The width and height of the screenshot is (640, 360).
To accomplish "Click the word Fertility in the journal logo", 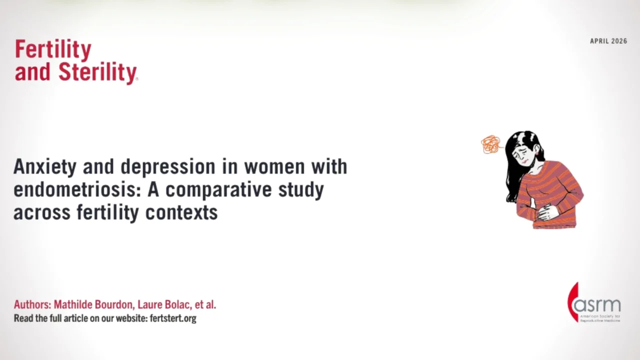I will tap(53, 49).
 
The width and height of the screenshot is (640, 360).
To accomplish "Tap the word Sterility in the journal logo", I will tap(97, 72).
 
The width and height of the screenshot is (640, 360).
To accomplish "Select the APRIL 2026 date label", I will tap(608, 41).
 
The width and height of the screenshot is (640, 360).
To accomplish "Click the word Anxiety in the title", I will tap(44, 167).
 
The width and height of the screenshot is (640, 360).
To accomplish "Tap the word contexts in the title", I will tap(181, 212).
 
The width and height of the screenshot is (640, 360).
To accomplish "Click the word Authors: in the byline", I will tap(32, 304).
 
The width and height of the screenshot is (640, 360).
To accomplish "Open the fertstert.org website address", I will tap(173, 318).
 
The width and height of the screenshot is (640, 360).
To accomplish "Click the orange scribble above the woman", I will tap(490, 144).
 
